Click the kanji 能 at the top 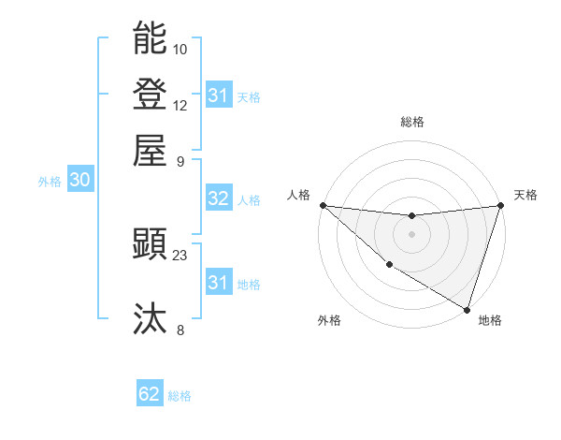click(x=150, y=38)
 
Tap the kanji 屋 click(x=150, y=150)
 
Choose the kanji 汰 click(x=150, y=319)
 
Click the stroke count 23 click(x=180, y=255)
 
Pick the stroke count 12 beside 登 click(x=180, y=105)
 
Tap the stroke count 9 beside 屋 click(x=180, y=160)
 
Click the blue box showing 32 click(x=218, y=198)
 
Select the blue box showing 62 click(x=150, y=394)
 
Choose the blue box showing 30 click(x=79, y=181)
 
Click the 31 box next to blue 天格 click(x=218, y=95)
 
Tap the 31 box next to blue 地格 click(x=218, y=283)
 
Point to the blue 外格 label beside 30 click(x=50, y=182)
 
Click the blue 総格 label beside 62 click(x=180, y=396)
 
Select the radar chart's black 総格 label click(x=411, y=122)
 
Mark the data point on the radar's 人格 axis click(x=323, y=205)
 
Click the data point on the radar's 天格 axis click(x=500, y=206)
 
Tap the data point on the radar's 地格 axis click(x=467, y=308)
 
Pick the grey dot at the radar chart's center click(x=411, y=234)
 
